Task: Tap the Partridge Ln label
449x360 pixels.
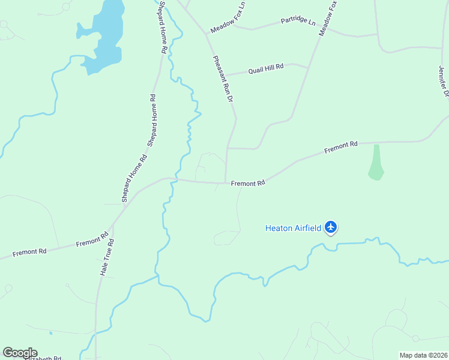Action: [298, 22]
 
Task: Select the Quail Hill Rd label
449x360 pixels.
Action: [265, 68]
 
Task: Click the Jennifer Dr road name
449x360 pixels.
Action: [443, 81]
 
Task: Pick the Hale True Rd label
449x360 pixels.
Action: [107, 257]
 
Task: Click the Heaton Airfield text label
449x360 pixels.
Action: [293, 227]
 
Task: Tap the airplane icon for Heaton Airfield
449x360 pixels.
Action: [331, 227]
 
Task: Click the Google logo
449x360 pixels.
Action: [20, 352]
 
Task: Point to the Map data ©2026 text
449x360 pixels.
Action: [423, 355]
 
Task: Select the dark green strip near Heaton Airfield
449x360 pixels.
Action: [376, 162]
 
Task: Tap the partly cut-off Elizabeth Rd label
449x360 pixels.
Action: [42, 358]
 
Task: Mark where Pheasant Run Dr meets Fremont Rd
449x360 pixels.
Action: [226, 183]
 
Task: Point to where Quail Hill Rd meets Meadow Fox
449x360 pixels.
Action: [309, 67]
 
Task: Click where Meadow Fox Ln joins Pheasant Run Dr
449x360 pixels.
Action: [206, 34]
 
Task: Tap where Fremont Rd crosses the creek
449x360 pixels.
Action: [175, 179]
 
